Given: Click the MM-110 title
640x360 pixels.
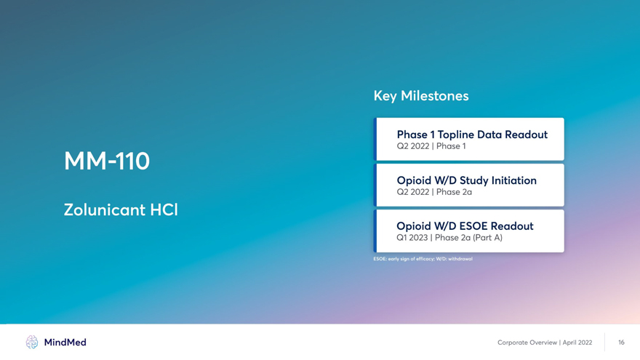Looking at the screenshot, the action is pos(107,161).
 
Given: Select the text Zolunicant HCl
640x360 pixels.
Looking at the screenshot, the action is pos(121,209).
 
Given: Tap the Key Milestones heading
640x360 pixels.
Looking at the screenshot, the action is pos(421,96).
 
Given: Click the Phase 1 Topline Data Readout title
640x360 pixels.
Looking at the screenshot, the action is pos(472,135).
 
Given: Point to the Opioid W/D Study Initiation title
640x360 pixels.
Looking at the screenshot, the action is pos(466,180).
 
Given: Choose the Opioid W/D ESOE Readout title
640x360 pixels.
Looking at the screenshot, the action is pos(465,226).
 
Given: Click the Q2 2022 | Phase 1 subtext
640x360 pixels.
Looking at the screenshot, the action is pos(431,146).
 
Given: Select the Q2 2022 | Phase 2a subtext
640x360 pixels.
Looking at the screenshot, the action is pos(434,192).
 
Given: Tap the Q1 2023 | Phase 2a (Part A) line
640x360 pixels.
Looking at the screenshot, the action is pos(449,238).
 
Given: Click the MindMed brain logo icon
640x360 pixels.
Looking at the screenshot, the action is pos(32,342).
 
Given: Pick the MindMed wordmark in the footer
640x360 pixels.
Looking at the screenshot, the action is pos(65,343).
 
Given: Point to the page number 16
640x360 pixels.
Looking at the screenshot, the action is pos(621,343).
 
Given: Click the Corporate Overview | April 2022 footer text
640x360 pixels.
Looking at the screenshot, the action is pos(545,343).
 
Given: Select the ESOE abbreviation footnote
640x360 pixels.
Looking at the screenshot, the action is pos(423,259).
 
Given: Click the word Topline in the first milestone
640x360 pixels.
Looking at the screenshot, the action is pos(455,135).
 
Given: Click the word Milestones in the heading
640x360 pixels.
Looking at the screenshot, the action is pos(435,96).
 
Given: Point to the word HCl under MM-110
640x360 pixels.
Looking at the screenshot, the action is pos(164,209).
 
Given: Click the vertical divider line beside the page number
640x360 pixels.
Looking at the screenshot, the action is pos(604,342).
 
